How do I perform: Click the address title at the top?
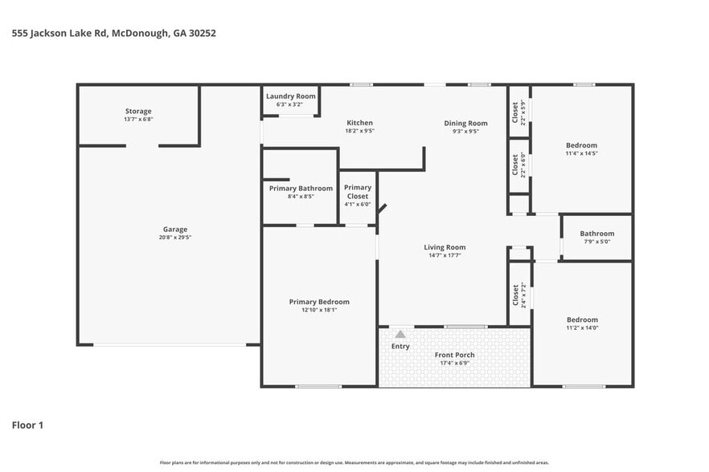click(113, 34)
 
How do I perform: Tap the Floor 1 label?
click(27, 425)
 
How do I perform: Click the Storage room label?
click(138, 111)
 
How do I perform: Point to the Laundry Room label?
click(290, 96)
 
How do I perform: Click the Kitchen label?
click(359, 123)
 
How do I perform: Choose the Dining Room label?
click(465, 123)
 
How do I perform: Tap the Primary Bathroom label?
click(301, 189)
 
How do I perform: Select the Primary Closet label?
click(358, 192)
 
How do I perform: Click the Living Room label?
click(445, 247)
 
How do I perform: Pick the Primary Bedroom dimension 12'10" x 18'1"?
click(319, 310)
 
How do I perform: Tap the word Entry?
click(400, 347)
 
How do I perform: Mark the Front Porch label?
click(454, 355)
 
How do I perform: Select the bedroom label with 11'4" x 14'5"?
click(581, 149)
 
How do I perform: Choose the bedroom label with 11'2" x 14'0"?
click(581, 323)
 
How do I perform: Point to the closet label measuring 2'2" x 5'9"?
click(518, 112)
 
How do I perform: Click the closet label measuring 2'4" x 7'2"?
click(518, 295)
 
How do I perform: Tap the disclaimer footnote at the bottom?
click(354, 462)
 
